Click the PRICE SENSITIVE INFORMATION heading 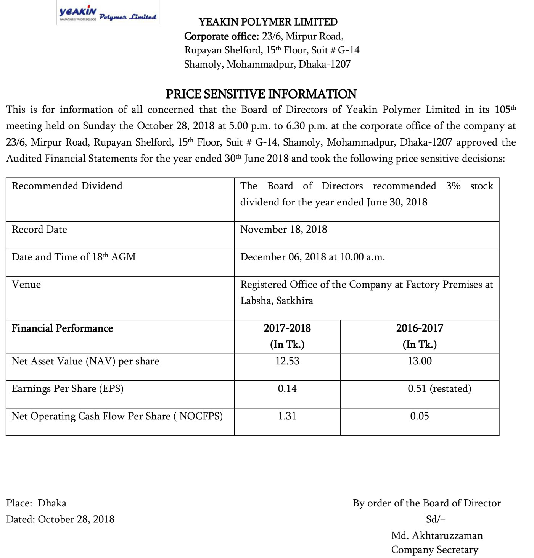click(x=261, y=94)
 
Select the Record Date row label click(x=39, y=230)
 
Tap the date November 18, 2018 click(x=283, y=230)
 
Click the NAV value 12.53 click(x=287, y=361)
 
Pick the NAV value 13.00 click(x=420, y=361)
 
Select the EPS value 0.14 click(x=287, y=389)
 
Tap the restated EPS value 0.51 click(x=439, y=389)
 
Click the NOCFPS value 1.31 click(x=287, y=416)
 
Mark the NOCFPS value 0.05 click(x=420, y=416)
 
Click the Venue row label click(x=26, y=285)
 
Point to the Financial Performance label click(x=62, y=328)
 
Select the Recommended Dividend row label click(x=67, y=186)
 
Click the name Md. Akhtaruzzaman click(x=437, y=535)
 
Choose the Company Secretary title click(x=434, y=550)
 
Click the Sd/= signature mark click(x=436, y=519)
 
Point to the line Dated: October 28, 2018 click(x=60, y=519)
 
